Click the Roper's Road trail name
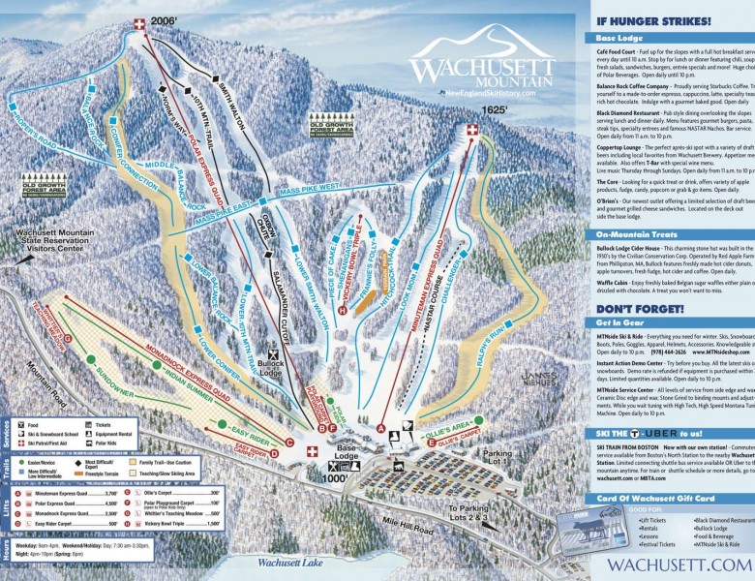[x=41, y=126]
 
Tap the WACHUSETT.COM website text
[x=679, y=564]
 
